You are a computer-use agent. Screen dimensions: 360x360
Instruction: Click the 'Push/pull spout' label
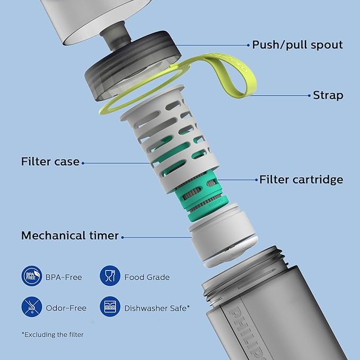[x=297, y=45]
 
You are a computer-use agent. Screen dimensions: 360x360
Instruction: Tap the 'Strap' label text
[x=328, y=95]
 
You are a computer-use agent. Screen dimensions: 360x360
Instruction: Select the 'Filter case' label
[x=50, y=161]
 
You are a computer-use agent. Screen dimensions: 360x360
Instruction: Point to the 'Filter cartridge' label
[x=301, y=180]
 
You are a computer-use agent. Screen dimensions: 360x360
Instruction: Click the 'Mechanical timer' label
[x=70, y=235]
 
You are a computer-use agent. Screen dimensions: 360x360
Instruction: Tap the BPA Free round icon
[x=32, y=276]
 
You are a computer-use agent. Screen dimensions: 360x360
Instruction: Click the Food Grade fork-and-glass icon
[x=110, y=276]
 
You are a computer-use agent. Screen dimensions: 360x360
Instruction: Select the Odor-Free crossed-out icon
[x=32, y=307]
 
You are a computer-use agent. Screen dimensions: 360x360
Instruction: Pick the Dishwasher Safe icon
[x=110, y=307]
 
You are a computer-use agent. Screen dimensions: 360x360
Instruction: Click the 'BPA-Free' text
[x=64, y=277]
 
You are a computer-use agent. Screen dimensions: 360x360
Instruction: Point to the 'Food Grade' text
[x=147, y=277]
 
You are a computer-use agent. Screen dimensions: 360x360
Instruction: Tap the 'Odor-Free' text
[x=66, y=308]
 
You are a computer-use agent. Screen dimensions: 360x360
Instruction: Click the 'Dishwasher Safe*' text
[x=157, y=308]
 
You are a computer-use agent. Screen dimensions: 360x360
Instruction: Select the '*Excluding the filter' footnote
[x=52, y=335]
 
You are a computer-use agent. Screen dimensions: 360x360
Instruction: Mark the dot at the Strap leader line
[x=309, y=95]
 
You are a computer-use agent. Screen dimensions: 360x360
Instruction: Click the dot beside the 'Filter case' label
[x=83, y=163]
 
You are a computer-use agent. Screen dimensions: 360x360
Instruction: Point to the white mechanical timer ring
[x=223, y=235]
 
